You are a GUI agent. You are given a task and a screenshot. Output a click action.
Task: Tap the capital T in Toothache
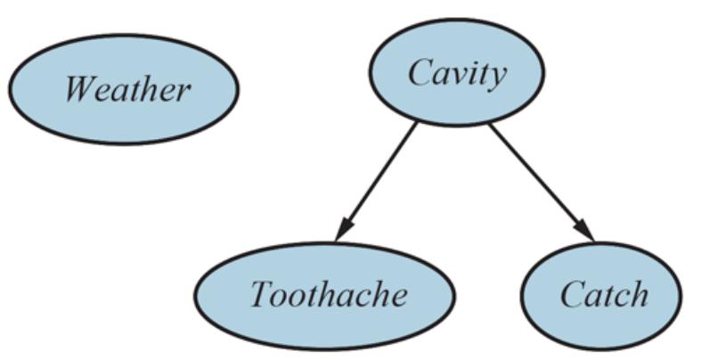(x=261, y=294)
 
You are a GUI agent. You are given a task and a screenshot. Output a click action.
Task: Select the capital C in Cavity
(x=420, y=72)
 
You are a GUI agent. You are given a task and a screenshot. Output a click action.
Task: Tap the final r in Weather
(x=183, y=91)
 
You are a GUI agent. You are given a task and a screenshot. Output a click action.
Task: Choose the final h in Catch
(x=638, y=295)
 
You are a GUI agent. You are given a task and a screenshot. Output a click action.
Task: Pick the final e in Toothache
(x=398, y=296)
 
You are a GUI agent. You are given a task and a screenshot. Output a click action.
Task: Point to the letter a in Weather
(x=123, y=91)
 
